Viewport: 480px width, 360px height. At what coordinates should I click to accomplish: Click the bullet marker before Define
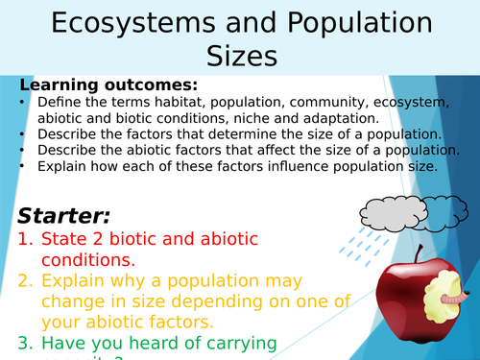22,103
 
